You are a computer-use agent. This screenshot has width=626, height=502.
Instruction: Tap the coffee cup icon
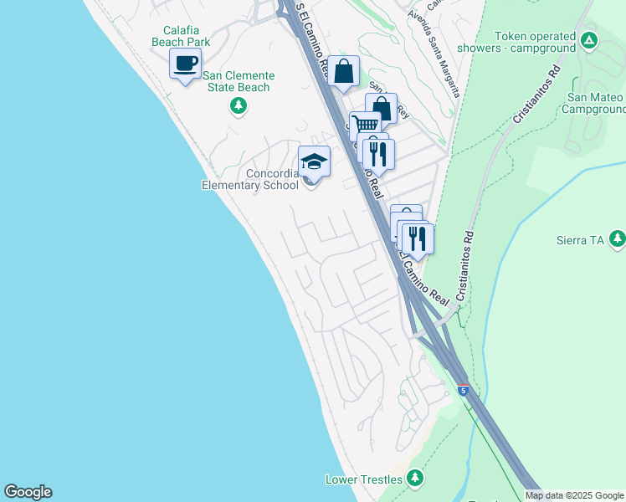point(186,63)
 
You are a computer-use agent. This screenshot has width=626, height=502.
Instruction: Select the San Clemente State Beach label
point(238,81)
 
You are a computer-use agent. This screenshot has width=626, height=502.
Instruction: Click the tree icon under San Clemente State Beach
point(239,105)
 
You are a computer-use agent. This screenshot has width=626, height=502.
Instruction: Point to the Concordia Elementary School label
point(250,179)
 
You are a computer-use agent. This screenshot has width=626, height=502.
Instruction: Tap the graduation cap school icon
point(315,161)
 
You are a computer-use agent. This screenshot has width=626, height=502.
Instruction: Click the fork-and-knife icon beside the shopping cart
point(378,153)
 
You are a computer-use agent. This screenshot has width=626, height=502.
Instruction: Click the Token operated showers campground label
point(536,42)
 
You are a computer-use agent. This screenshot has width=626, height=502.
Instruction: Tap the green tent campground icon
point(589,39)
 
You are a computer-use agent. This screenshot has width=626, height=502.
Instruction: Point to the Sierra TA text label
point(580,240)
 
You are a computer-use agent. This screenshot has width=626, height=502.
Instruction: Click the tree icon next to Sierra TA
point(618,239)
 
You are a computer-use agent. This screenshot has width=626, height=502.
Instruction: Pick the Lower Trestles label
point(364,479)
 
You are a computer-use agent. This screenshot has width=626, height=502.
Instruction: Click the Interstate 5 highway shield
point(463,390)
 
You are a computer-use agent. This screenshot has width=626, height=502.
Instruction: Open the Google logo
point(28,492)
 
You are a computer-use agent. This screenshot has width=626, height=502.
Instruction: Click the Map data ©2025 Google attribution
point(574,495)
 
